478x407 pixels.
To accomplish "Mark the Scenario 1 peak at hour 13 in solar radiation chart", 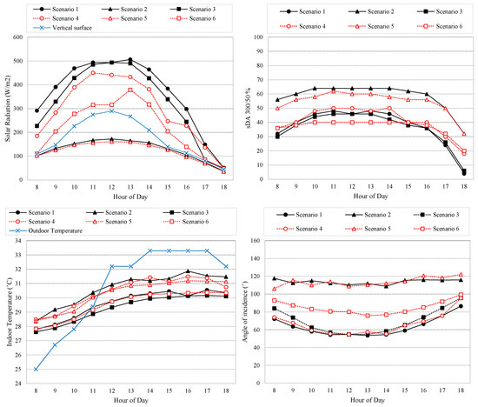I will click(130, 60).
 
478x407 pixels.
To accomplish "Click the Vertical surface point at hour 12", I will click(111, 110).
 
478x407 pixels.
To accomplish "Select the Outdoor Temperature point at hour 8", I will click(36, 369).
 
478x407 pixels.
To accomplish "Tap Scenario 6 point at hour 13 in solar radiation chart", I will click(130, 90).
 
